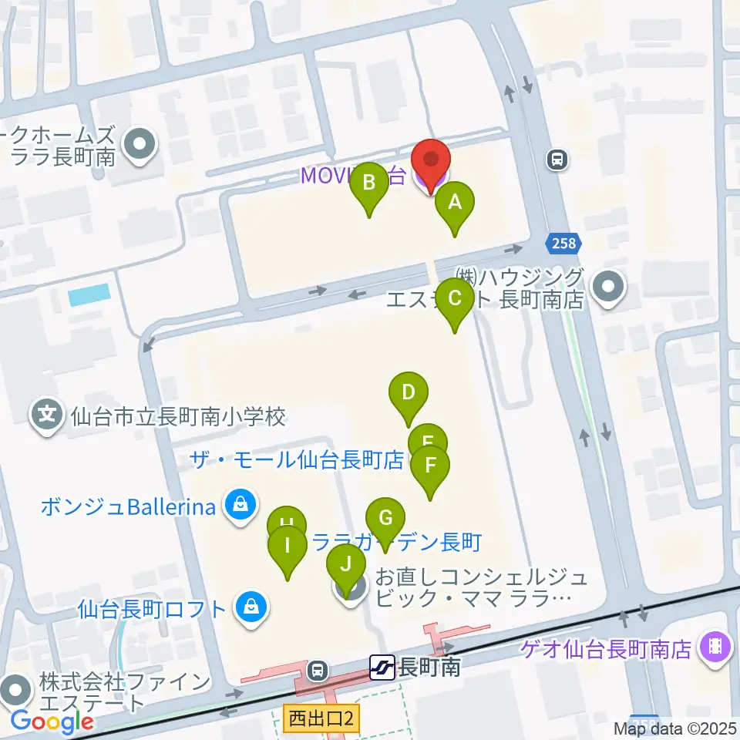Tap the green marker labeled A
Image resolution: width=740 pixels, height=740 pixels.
tap(455, 204)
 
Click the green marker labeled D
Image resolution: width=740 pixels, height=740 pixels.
tap(409, 393)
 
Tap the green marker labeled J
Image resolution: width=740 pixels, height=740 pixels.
tap(346, 565)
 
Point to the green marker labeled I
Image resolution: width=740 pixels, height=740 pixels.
tap(288, 547)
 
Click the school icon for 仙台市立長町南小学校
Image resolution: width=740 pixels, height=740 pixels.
tap(48, 416)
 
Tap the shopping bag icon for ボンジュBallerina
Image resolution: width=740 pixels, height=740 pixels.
tap(240, 506)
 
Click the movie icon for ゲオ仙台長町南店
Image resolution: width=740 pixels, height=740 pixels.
tap(715, 646)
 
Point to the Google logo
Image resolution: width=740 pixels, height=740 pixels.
tap(52, 722)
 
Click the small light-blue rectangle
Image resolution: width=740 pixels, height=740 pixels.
tap(89, 294)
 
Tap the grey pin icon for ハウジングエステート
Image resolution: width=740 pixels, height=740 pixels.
tap(609, 288)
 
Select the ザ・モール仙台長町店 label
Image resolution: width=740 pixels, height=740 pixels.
tap(297, 461)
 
